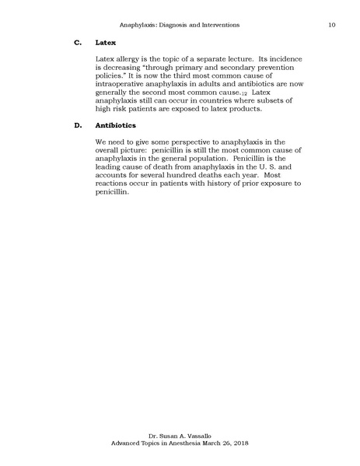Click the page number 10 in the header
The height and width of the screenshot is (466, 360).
click(332, 26)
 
